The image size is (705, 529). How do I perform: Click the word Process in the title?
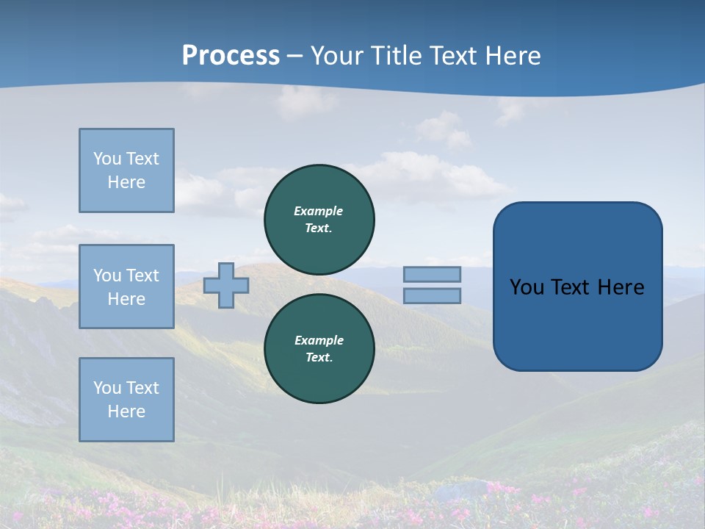coord(231,56)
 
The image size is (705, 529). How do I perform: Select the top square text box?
coord(126,170)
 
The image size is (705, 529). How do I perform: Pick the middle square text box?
coord(126,287)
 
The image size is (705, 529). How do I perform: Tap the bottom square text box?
coord(126,400)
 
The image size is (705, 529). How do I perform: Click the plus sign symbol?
coord(226,285)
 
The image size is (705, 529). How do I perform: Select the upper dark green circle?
coord(319,220)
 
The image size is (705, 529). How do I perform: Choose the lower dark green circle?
coord(319,349)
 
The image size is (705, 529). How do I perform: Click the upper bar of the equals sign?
coord(432,274)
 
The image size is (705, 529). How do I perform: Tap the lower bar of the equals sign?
coord(432,295)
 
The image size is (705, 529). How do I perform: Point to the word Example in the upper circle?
coord(319,211)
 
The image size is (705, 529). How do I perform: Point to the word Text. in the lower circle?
coord(319,358)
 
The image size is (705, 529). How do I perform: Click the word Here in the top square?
coord(126,182)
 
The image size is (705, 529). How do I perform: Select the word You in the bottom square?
coord(107,388)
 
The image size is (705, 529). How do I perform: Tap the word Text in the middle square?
coord(142,276)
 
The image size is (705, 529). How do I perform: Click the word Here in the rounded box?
coord(621,287)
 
